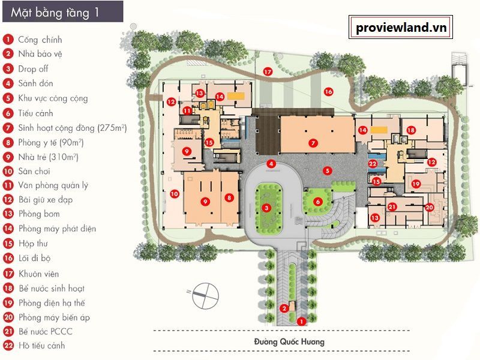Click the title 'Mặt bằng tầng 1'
tap(55, 13)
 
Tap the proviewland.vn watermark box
tap(401, 27)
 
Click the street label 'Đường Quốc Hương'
tap(289, 341)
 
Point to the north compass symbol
tap(205, 295)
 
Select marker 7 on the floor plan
tap(313, 143)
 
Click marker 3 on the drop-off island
tap(266, 208)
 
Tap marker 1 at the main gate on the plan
tap(302, 322)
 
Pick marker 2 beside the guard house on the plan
tap(284, 308)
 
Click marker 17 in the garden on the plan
tap(268, 72)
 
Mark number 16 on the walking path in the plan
tap(328, 92)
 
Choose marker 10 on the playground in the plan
tap(175, 193)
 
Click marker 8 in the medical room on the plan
tap(229, 197)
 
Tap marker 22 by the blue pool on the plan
tap(373, 164)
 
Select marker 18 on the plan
tap(411, 130)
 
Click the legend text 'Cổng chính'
tap(40, 40)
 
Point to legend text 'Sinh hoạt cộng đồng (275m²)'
tap(73, 128)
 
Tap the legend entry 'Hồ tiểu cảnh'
tap(42, 346)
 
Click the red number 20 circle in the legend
tap(8, 317)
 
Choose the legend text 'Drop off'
tap(33, 69)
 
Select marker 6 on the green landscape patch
tap(318, 202)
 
